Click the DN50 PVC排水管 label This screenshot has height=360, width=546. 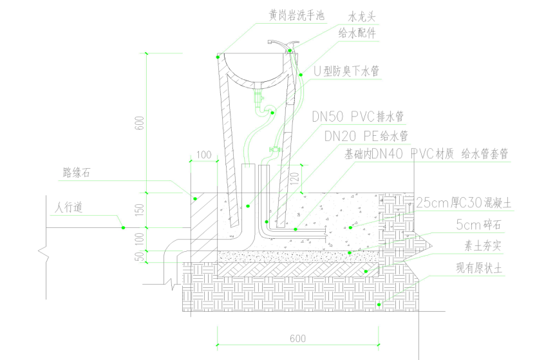[357, 117]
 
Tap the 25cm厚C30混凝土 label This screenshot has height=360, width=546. [464, 203]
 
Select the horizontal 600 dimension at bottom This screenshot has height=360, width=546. [297, 338]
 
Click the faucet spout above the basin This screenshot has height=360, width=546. [278, 43]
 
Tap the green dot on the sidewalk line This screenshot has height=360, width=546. [122, 227]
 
